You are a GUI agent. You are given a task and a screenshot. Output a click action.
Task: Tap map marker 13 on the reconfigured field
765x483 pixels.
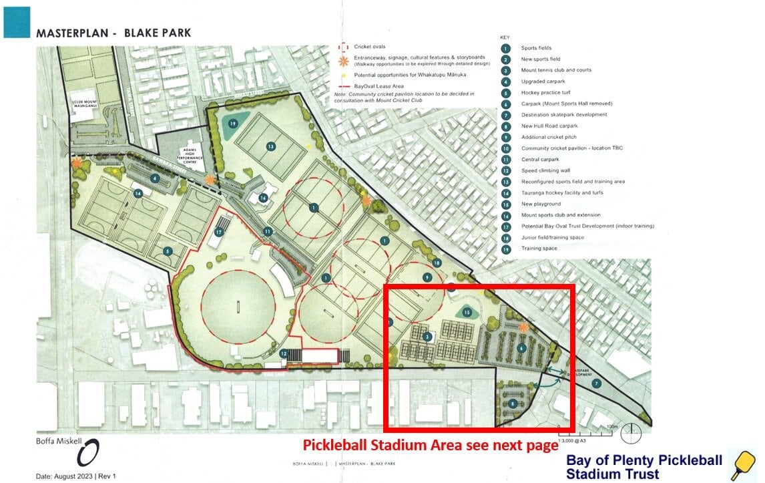pos(271,146)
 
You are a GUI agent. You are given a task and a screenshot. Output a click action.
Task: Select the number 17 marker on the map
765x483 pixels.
pos(218,232)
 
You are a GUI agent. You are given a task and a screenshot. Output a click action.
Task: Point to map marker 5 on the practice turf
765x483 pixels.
pos(168,251)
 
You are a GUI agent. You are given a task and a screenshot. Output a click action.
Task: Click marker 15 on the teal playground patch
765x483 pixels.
pos(467,312)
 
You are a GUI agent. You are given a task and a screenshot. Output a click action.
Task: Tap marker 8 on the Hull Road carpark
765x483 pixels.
pos(513,404)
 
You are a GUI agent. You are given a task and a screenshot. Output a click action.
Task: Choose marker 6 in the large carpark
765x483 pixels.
pos(522,347)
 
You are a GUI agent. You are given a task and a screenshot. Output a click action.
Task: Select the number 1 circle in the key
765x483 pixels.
pos(506,48)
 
